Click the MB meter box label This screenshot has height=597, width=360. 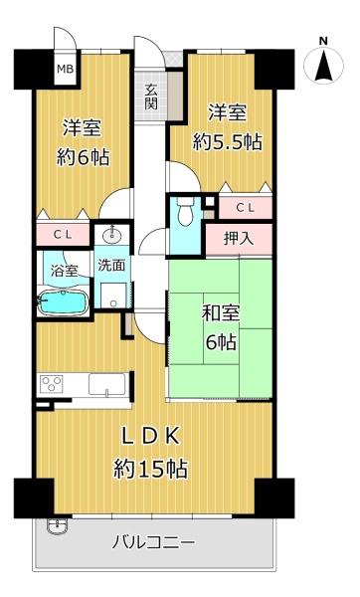click(65, 69)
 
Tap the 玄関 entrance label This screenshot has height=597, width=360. click(151, 97)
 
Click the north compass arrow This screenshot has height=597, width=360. click(323, 66)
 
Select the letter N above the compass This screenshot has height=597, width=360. click(323, 41)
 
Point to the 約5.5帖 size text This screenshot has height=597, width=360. click(227, 142)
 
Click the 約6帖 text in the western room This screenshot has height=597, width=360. click(83, 156)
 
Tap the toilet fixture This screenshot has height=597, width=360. click(186, 213)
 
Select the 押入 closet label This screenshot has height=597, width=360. click(239, 239)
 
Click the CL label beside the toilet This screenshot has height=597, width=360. click(246, 208)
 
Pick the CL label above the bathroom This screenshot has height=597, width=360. click(63, 235)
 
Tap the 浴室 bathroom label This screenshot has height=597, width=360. click(65, 271)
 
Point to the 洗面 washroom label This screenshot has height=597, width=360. click(111, 265)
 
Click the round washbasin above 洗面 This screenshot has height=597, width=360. click(112, 236)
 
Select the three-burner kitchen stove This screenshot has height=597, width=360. click(52, 383)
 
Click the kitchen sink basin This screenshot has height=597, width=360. click(107, 384)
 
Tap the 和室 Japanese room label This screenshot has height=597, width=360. click(221, 313)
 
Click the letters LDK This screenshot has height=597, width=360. click(150, 437)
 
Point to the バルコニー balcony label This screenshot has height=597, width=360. click(153, 542)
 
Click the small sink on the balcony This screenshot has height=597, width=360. click(58, 525)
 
